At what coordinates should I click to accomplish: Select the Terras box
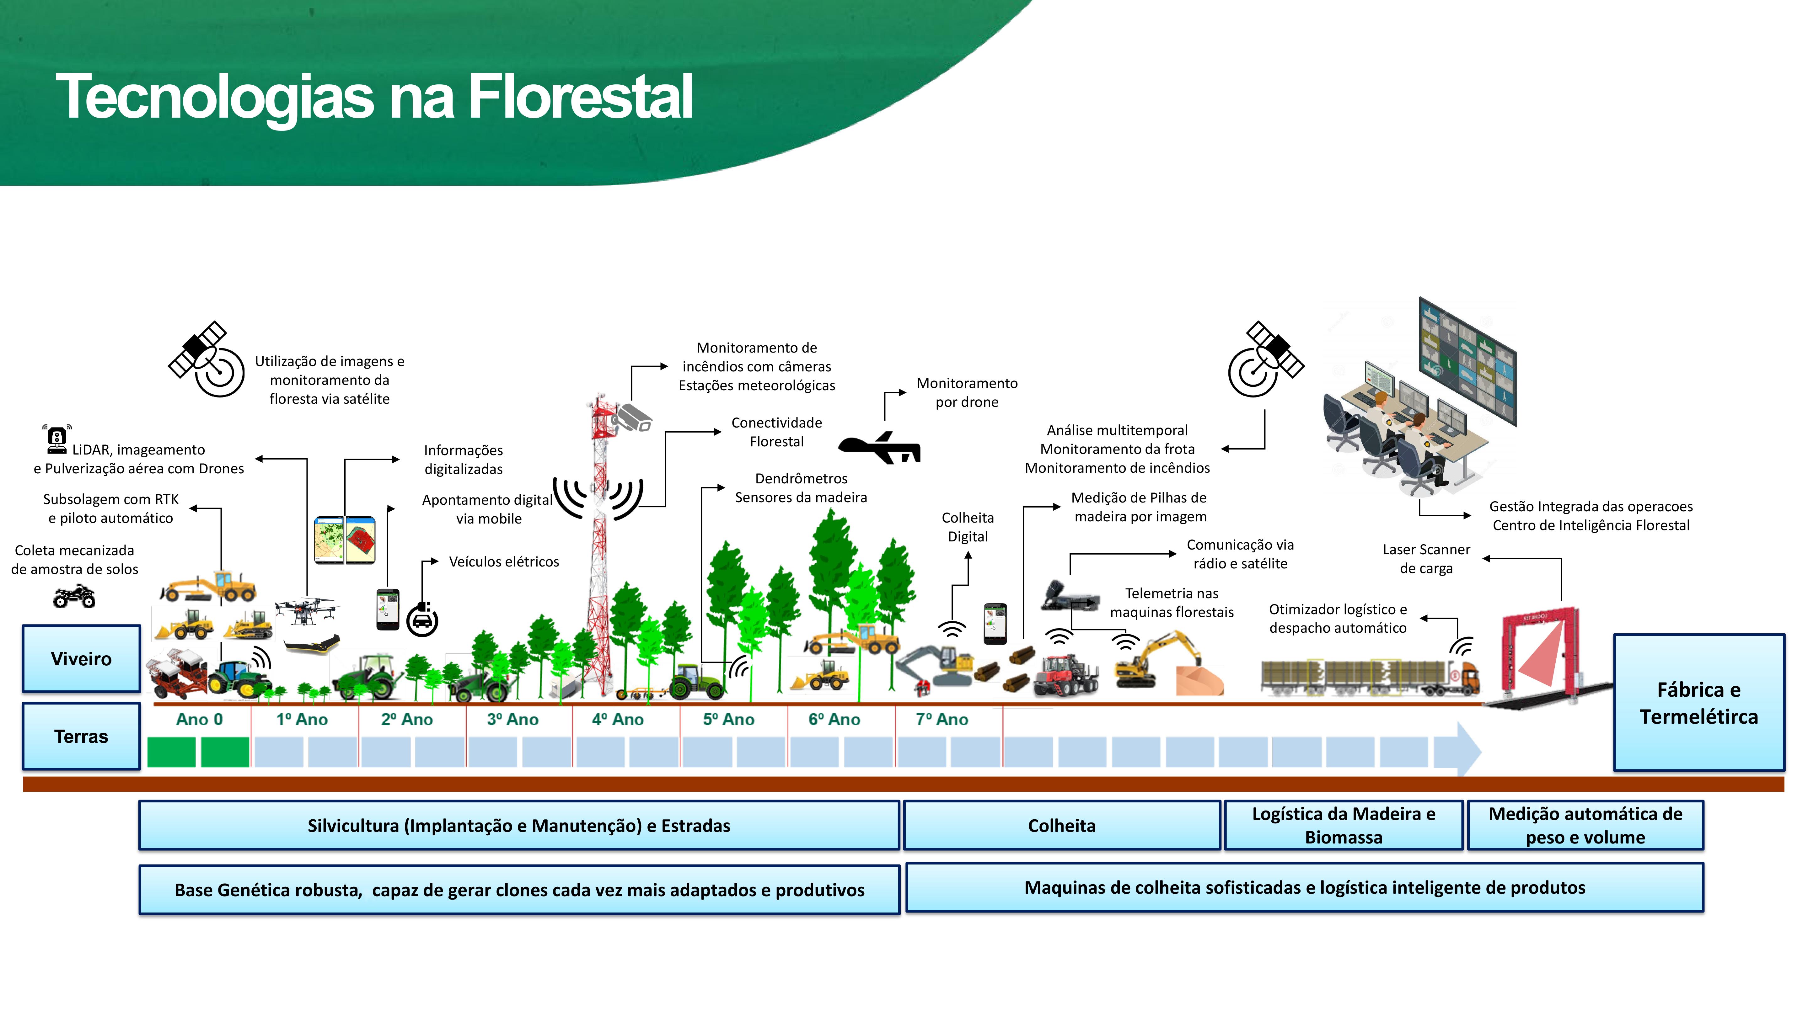coord(81,736)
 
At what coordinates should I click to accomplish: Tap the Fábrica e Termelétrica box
coord(1698,702)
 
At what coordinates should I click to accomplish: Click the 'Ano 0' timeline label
coord(199,719)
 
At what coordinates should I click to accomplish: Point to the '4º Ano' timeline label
coord(618,719)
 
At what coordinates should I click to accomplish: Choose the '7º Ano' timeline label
coord(942,719)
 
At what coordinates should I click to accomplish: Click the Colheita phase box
coord(1061,825)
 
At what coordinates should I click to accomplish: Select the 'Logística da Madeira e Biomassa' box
coord(1343,825)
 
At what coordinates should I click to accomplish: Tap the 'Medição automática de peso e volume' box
coord(1585,825)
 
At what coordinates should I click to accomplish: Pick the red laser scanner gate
coord(1541,652)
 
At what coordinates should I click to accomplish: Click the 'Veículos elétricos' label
coord(504,561)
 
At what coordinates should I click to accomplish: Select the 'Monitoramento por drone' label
coord(967,392)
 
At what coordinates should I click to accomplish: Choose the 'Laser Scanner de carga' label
coord(1425,559)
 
